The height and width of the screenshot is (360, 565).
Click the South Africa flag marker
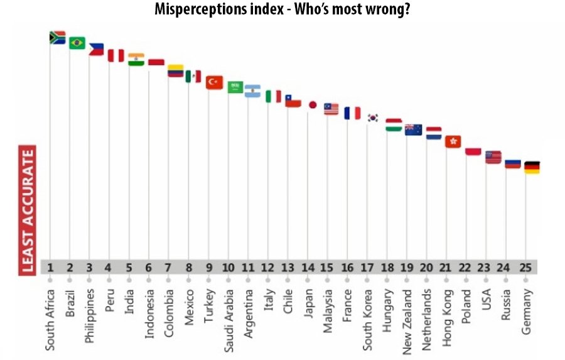(x=57, y=38)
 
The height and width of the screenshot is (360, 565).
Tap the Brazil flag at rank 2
(x=77, y=43)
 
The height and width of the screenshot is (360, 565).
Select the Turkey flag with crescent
(x=214, y=82)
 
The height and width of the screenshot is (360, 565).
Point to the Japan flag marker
(x=312, y=105)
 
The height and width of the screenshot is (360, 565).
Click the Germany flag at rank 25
(x=532, y=168)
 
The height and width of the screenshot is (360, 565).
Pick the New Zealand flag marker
(x=413, y=130)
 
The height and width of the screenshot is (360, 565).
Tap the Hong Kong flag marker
(x=453, y=141)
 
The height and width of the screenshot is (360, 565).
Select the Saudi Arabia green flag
(x=235, y=87)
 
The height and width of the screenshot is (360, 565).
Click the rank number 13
(x=287, y=267)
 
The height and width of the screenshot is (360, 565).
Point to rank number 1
(x=50, y=267)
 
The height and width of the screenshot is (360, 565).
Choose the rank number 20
(x=426, y=267)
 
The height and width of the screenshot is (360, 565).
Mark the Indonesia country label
(x=149, y=312)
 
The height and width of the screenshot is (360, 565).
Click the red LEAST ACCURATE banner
(x=28, y=210)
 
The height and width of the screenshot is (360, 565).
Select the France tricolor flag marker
(x=352, y=113)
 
